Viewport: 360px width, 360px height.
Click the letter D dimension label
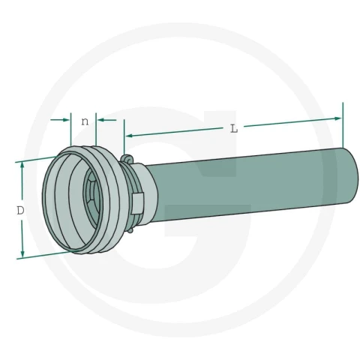point(20,211)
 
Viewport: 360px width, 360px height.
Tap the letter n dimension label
point(85,121)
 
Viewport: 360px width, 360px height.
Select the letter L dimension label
point(234,129)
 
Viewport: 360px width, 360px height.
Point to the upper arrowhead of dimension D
point(22,165)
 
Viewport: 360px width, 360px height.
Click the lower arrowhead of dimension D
point(22,254)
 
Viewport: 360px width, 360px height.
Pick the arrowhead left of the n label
point(66,120)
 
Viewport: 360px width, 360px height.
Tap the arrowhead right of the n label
point(100,120)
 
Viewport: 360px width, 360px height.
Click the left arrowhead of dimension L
point(129,136)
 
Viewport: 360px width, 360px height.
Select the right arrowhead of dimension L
point(337,118)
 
